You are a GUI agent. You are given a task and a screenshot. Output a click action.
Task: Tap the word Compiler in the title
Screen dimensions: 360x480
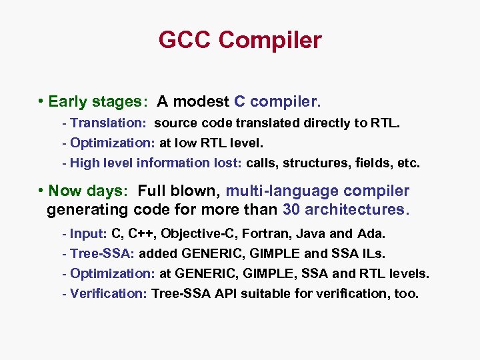pos(269,40)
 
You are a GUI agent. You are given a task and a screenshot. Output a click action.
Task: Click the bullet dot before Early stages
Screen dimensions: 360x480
pos(41,101)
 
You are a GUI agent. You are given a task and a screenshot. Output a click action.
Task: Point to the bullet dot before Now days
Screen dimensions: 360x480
pos(41,190)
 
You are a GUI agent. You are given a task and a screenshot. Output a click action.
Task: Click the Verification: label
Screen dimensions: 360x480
pos(108,293)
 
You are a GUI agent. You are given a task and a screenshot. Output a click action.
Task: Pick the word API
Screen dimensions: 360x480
pos(228,293)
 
